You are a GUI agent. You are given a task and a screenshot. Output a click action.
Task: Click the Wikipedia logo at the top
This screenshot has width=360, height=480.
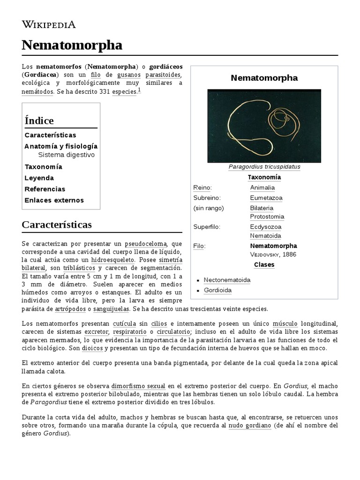tap(49, 25)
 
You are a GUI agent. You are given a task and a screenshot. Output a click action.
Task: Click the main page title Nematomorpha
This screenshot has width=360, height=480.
tap(72, 45)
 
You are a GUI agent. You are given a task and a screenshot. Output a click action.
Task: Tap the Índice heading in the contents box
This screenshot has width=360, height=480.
tap(39, 120)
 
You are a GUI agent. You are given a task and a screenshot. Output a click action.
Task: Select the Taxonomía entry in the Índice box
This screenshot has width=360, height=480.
tap(43, 167)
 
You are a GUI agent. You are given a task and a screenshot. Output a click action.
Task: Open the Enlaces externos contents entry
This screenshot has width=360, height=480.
tap(54, 200)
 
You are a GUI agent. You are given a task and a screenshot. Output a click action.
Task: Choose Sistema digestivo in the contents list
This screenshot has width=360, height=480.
tap(66, 155)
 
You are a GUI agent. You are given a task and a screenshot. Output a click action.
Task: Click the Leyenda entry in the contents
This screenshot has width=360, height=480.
tap(39, 178)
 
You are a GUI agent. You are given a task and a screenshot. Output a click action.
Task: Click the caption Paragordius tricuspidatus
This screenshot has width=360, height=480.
tap(264, 167)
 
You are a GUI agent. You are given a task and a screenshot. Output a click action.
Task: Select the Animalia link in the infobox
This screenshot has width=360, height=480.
tap(262, 187)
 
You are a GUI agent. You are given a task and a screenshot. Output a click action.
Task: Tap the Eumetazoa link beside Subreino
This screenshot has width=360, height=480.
tap(266, 198)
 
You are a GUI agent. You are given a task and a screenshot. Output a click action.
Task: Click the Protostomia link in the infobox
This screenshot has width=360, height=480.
tap(267, 217)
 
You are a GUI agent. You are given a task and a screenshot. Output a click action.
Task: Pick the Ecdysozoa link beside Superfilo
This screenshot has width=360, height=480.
tap(266, 227)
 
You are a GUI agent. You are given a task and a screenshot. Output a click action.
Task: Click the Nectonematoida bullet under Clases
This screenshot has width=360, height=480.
tap(227, 280)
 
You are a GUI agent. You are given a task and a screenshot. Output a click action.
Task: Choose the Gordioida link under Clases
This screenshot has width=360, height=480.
tap(217, 290)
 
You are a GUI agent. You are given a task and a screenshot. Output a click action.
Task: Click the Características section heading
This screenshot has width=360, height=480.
tap(57, 225)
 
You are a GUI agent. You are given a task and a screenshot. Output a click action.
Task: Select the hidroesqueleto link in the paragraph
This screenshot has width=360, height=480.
tap(113, 259)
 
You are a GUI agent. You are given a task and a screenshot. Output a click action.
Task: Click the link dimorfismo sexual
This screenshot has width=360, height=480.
tap(138, 386)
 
